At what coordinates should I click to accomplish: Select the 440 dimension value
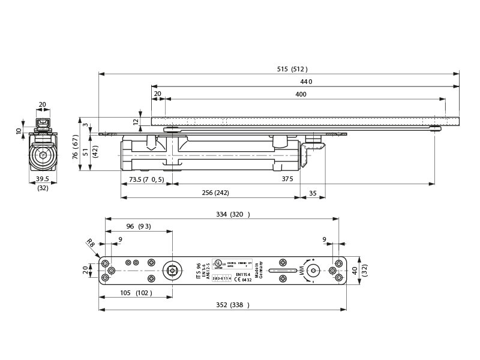point(306,82)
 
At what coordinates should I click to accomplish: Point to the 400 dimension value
point(301,94)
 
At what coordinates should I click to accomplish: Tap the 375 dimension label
point(287,179)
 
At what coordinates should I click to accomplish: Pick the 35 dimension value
point(313,193)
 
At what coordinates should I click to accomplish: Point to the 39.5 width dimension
point(42,179)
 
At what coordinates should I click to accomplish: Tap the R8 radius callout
point(90,242)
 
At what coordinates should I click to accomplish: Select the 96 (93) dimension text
point(138,226)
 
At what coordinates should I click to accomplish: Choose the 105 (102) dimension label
point(136,293)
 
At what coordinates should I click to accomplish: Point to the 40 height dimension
point(355,271)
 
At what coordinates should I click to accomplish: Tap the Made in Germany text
point(258,271)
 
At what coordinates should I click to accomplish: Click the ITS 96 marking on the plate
point(197,271)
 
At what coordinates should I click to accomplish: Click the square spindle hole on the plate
point(173,271)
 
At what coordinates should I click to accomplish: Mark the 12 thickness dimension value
point(136,121)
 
